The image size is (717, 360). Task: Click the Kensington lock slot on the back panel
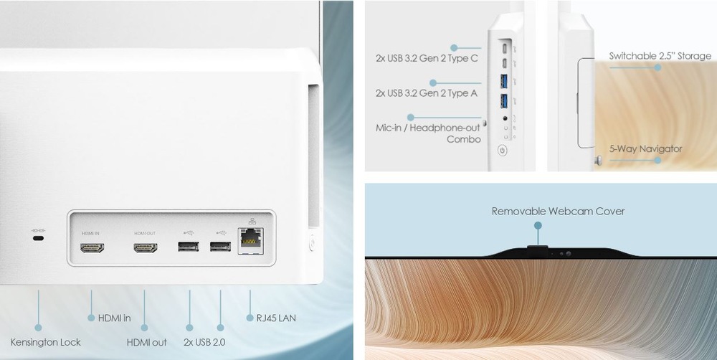pyautogui.click(x=39, y=238)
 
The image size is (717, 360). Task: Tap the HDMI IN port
pyautogui.click(x=92, y=248)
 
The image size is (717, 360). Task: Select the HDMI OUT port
pyautogui.click(x=146, y=248)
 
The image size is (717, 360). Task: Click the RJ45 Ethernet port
pyautogui.click(x=250, y=241)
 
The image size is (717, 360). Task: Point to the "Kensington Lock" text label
pyautogui.click(x=46, y=342)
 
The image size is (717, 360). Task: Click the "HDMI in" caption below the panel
pyautogui.click(x=114, y=318)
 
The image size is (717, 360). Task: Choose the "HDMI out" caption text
pyautogui.click(x=147, y=342)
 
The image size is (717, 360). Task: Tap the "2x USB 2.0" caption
pyautogui.click(x=204, y=342)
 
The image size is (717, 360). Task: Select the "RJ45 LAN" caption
pyautogui.click(x=276, y=318)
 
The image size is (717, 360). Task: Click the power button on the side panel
pyautogui.click(x=503, y=150)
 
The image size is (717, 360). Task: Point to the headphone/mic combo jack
pyautogui.click(x=505, y=118)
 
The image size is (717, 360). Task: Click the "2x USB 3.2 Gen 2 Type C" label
pyautogui.click(x=427, y=59)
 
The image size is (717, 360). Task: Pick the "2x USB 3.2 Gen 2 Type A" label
pyautogui.click(x=427, y=93)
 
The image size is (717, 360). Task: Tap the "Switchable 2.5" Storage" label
pyautogui.click(x=660, y=56)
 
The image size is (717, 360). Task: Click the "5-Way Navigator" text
pyautogui.click(x=646, y=148)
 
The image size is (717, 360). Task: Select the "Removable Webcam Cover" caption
pyautogui.click(x=559, y=212)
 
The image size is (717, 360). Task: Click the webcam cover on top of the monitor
pyautogui.click(x=538, y=250)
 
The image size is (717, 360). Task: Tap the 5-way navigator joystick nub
pyautogui.click(x=598, y=160)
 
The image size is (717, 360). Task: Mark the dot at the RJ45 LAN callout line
pyautogui.click(x=250, y=318)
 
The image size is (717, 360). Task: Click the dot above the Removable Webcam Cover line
pyautogui.click(x=538, y=225)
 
